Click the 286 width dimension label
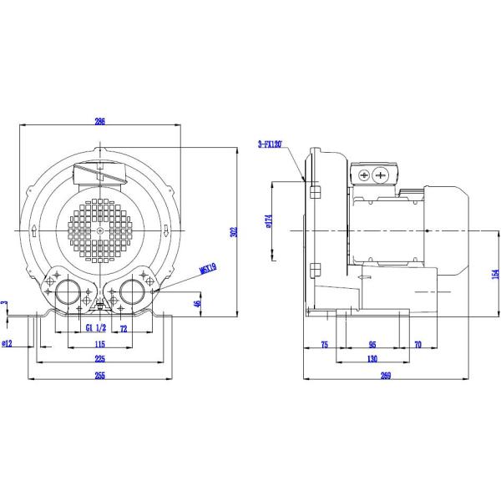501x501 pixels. (x=100, y=122)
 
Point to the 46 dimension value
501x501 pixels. (x=197, y=305)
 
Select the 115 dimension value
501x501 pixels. (x=99, y=344)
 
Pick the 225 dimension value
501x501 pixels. (x=99, y=359)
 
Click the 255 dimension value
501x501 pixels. (x=99, y=376)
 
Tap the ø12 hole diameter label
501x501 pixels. (x=8, y=342)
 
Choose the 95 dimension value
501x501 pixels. (x=372, y=344)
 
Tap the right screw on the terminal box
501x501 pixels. (x=381, y=175)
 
